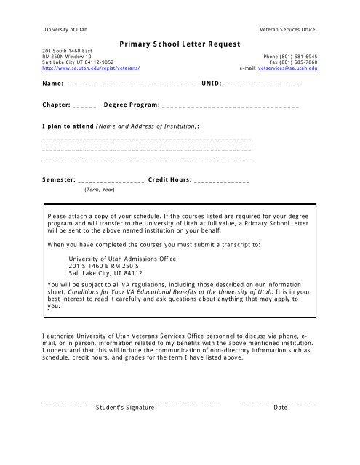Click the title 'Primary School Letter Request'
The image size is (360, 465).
(x=179, y=44)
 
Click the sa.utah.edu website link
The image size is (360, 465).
(x=91, y=68)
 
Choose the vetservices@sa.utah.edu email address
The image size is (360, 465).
(x=289, y=68)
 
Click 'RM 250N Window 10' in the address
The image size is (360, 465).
(x=67, y=56)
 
